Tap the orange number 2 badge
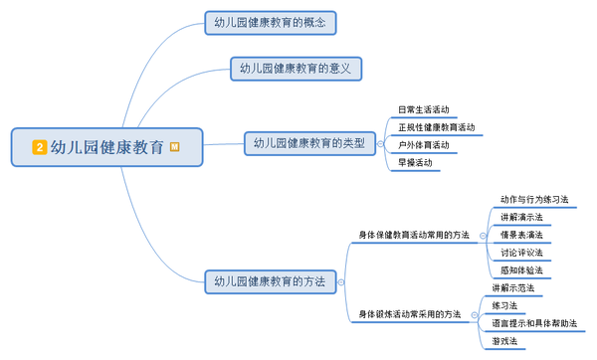click(x=39, y=147)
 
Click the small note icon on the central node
click(x=175, y=146)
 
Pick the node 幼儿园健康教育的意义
click(x=296, y=69)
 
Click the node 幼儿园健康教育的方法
click(x=270, y=281)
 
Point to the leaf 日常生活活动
click(x=423, y=108)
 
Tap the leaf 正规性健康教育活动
click(x=435, y=126)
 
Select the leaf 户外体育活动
click(x=423, y=144)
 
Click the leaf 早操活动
click(x=416, y=162)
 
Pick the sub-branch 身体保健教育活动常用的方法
click(x=414, y=235)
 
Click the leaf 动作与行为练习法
click(x=534, y=199)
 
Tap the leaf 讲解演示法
click(x=521, y=217)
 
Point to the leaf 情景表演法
click(x=521, y=235)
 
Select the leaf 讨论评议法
click(x=521, y=253)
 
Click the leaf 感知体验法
click(x=521, y=270)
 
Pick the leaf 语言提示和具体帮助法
click(x=534, y=323)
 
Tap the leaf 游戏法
click(x=504, y=341)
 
